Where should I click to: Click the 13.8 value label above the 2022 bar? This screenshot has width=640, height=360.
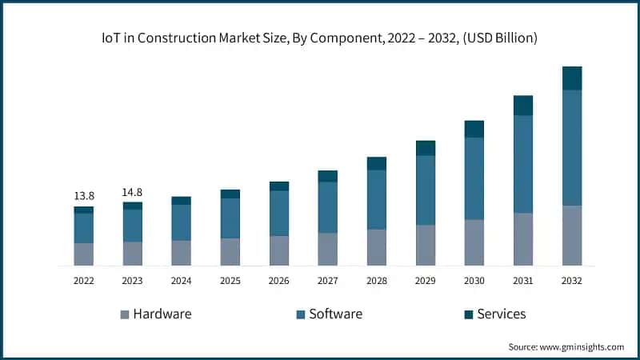point(83,195)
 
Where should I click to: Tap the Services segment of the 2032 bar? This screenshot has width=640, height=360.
point(571,78)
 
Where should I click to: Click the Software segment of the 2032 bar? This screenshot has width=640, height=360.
point(571,147)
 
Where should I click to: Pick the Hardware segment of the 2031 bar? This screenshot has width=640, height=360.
point(522,238)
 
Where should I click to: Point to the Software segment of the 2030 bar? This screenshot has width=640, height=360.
point(474,178)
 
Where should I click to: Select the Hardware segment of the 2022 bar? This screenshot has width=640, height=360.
point(83,254)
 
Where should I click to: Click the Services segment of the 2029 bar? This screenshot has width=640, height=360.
point(425,148)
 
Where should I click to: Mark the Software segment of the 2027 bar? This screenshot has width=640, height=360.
point(327,207)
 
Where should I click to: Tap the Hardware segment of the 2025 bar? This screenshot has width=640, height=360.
point(230,251)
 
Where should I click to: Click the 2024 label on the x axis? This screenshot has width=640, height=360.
point(181,281)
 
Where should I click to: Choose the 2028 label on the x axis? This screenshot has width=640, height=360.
point(376,281)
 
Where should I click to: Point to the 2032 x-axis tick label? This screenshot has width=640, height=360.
point(571,281)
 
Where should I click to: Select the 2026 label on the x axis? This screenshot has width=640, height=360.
point(278,281)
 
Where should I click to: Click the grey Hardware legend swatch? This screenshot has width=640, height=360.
point(124,314)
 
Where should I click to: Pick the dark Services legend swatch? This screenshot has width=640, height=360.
point(468,314)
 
